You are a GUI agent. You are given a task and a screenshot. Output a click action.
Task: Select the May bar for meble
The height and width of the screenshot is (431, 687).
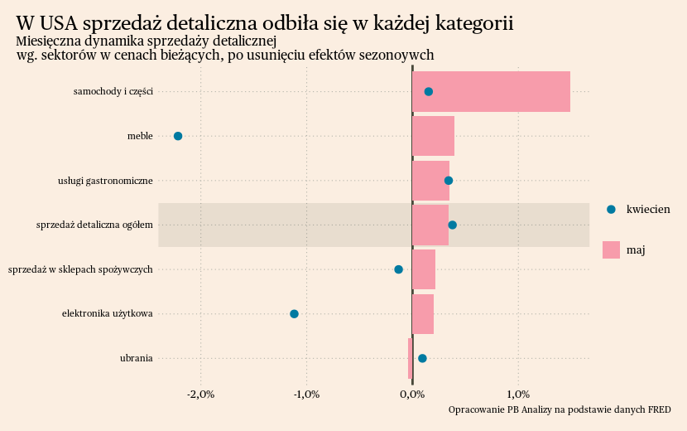[433, 136]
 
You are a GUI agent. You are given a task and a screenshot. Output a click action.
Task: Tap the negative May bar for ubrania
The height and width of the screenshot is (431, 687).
[410, 358]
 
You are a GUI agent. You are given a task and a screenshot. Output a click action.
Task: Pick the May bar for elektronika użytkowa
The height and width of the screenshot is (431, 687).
[423, 313]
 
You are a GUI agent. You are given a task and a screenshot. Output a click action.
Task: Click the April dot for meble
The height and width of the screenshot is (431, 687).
[178, 136]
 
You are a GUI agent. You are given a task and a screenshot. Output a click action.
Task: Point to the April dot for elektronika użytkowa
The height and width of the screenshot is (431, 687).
[294, 313]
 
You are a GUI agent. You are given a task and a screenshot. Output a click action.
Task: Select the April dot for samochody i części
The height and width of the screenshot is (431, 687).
[428, 91]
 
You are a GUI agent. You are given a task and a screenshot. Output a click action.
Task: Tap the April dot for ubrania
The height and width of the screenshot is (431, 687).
[422, 358]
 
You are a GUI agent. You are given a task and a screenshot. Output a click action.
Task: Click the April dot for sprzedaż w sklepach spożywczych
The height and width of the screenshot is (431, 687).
[398, 269]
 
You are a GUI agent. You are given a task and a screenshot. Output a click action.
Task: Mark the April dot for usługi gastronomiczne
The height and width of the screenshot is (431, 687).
[449, 180]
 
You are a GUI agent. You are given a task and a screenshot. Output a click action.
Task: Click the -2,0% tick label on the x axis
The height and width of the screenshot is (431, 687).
[201, 394]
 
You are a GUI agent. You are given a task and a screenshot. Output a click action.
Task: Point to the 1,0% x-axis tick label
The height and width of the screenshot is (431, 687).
[518, 394]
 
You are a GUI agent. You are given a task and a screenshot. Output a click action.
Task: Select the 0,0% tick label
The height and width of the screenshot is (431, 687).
[412, 394]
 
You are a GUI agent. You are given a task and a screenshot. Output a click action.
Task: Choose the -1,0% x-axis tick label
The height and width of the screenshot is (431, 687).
[307, 394]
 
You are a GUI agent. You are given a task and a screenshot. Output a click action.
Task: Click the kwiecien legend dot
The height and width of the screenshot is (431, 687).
[611, 210]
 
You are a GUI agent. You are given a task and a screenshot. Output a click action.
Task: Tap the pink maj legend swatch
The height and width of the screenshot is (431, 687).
[611, 249]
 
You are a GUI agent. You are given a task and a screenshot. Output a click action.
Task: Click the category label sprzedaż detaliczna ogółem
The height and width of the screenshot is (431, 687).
[94, 225]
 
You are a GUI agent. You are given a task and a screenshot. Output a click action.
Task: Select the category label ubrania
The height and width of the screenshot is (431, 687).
[136, 358]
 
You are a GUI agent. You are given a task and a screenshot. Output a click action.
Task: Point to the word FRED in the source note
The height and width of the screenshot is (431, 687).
[659, 409]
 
